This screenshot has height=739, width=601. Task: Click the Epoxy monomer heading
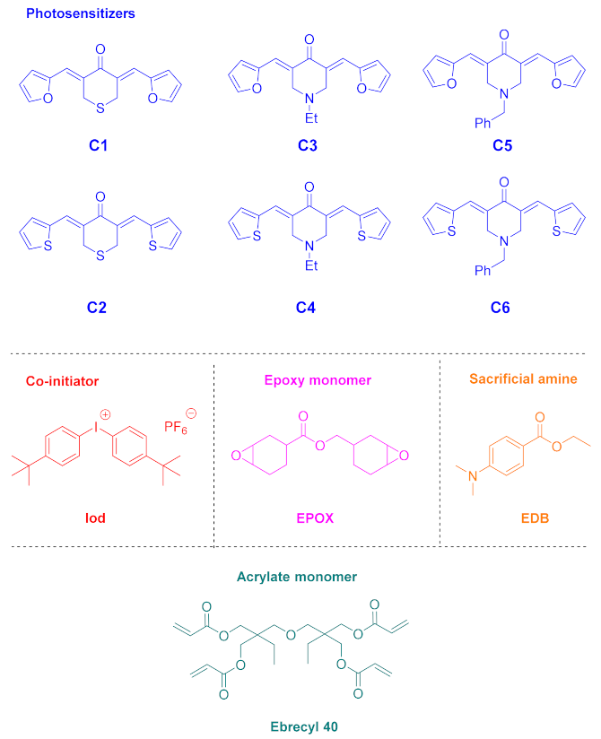coord(327,381)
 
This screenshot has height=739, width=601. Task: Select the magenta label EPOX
coord(327,518)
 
